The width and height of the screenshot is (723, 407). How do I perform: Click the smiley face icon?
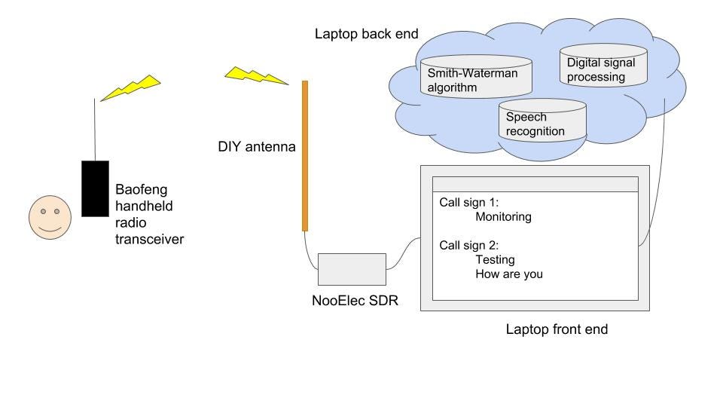pyautogui.click(x=50, y=219)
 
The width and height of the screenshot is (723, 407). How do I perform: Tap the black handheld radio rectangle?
pyautogui.click(x=95, y=188)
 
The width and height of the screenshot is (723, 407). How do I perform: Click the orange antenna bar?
pyautogui.click(x=305, y=155)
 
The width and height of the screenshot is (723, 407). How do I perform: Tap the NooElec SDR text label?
pyautogui.click(x=355, y=301)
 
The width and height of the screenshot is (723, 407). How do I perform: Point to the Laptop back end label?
pyautogui.click(x=367, y=34)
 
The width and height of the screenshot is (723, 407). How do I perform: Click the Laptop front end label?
pyautogui.click(x=557, y=329)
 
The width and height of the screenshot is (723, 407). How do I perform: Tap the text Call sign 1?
pyautogui.click(x=469, y=203)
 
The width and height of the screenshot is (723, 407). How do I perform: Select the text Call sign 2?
pyautogui.click(x=469, y=245)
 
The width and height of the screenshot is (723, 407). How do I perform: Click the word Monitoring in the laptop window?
pyautogui.click(x=503, y=217)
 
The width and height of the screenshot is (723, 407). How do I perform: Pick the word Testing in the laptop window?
pyautogui.click(x=495, y=259)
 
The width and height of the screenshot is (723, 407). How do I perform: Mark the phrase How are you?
pyautogui.click(x=508, y=274)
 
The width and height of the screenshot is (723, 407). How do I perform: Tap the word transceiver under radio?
pyautogui.click(x=149, y=239)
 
